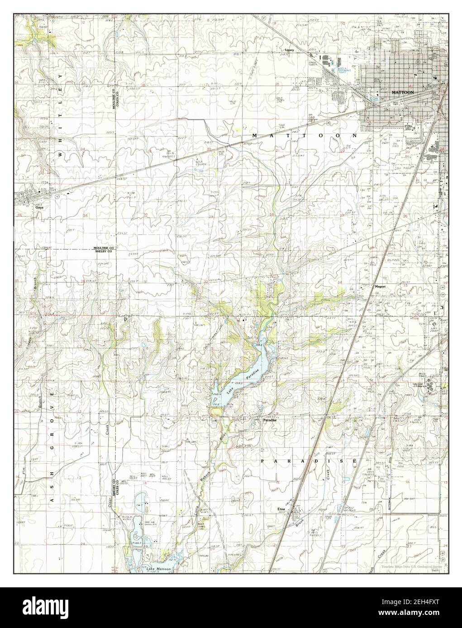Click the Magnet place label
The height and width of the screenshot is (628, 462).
tap(379, 286)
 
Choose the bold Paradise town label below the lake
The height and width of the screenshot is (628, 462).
tap(270, 420)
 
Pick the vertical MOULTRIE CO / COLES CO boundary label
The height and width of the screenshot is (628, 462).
tap(116, 96)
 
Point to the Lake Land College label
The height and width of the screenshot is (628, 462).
tap(420, 385)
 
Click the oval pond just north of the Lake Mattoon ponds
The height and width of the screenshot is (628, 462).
tap(139, 500)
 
